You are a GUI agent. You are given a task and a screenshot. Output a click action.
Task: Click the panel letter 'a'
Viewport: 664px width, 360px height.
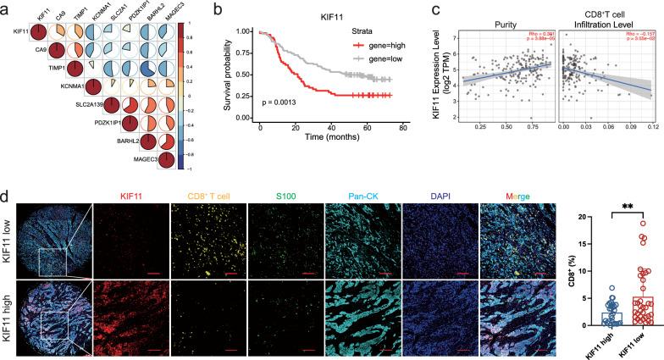tap(6, 10)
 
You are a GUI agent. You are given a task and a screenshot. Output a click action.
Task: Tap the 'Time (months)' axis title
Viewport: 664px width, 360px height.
tap(332, 136)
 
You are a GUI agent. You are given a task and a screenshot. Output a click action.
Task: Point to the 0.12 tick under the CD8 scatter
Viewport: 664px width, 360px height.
tap(650, 130)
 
